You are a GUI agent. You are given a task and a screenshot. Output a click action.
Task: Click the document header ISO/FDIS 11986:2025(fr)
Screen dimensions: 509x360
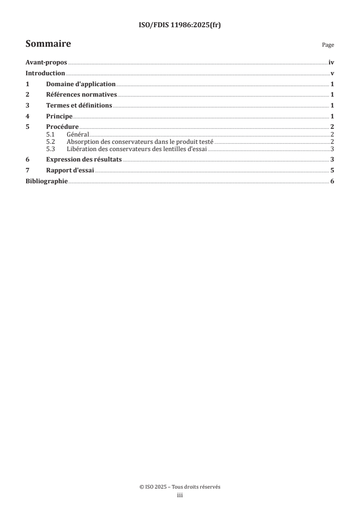click(x=180, y=25)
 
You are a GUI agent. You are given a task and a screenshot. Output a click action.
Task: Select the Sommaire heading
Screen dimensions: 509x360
click(x=48, y=44)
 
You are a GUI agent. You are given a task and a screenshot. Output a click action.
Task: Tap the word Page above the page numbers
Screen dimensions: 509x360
click(x=328, y=45)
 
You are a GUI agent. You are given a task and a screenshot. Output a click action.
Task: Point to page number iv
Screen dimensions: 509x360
click(x=331, y=64)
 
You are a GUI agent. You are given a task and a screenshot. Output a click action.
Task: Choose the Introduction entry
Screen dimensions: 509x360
click(x=45, y=73)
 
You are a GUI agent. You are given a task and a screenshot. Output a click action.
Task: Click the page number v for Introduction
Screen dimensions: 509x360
click(x=332, y=73)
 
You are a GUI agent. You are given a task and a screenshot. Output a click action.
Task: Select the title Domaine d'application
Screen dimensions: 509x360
click(x=81, y=84)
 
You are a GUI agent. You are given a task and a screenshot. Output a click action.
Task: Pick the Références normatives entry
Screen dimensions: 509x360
click(x=82, y=95)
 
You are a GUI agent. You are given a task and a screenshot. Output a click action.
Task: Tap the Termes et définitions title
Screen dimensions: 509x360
click(x=79, y=105)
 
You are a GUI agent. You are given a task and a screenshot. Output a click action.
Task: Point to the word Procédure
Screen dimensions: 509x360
click(x=63, y=127)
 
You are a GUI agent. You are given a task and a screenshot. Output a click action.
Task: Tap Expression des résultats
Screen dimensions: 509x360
click(x=84, y=160)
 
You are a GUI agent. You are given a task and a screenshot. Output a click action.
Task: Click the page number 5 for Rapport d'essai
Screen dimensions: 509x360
click(x=332, y=171)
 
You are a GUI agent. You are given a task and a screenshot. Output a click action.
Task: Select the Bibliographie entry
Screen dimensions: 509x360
click(x=46, y=181)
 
